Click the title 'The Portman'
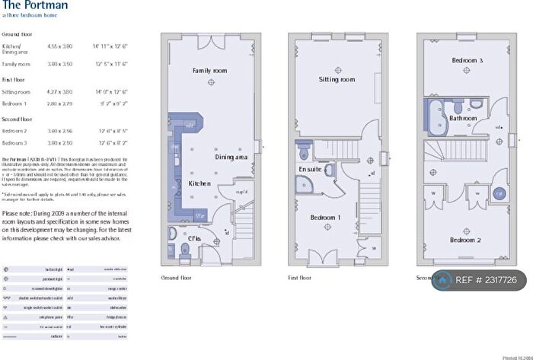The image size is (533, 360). tap(34, 6)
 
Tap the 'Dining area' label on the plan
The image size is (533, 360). tap(231, 157)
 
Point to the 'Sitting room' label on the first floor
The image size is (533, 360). tap(337, 79)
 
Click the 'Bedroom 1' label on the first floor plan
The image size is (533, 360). tap(326, 217)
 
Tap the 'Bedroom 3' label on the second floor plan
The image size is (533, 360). tap(466, 60)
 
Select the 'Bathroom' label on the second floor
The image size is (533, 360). tap(462, 119)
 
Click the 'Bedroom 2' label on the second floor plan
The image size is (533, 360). tap(466, 241)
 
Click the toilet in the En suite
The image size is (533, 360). tap(303, 148)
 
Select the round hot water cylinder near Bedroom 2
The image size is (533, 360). tap(499, 194)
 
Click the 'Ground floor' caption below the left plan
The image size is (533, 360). tap(177, 278)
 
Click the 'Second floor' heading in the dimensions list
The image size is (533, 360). tap(17, 119)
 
